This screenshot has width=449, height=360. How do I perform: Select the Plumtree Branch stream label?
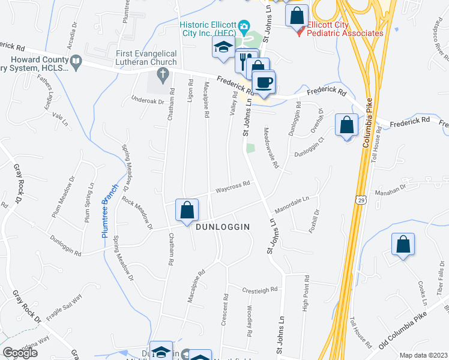pos(107,211)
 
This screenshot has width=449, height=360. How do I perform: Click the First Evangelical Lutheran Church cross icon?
pos(161,74)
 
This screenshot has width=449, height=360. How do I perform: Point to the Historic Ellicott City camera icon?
pos(244,26)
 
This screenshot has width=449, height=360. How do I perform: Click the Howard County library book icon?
pos(76,61)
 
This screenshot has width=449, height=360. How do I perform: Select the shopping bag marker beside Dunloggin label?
pos(187,211)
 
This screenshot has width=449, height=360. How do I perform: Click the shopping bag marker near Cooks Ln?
pos(403,244)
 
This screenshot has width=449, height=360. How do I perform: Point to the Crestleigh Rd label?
pos(259,290)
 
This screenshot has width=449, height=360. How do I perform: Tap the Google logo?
pos(20,353)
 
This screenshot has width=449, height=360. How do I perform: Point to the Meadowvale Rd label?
pos(271,148)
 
